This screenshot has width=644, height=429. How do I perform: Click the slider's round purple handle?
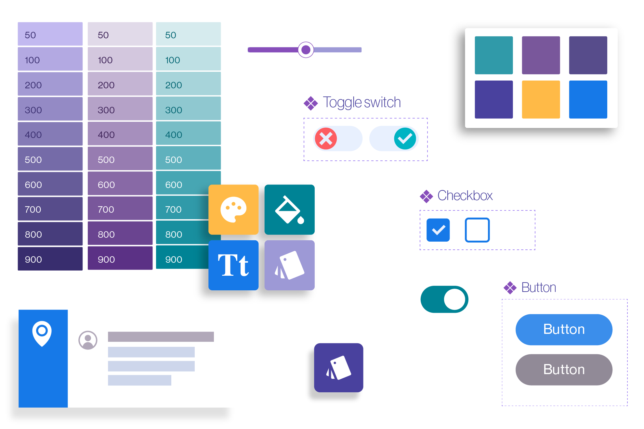(x=306, y=50)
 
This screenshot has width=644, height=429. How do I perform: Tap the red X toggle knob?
(x=326, y=139)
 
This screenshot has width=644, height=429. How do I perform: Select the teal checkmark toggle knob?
(x=405, y=139)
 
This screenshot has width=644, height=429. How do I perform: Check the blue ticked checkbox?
(x=438, y=230)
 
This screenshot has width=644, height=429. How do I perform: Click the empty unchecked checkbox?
(x=477, y=230)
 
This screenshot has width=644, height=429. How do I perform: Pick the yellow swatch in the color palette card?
(x=541, y=99)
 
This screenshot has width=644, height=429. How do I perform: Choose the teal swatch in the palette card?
(x=494, y=55)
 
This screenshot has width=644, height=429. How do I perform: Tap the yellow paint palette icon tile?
(x=233, y=209)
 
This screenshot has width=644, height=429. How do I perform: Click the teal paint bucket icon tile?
(x=290, y=209)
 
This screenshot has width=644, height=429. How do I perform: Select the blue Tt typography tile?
(x=233, y=265)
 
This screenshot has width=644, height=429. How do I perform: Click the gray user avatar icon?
(x=88, y=340)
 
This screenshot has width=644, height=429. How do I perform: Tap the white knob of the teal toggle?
(x=454, y=299)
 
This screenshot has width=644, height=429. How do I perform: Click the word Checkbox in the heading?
(x=465, y=196)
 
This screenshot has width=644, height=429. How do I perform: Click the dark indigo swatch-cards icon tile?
(x=338, y=368)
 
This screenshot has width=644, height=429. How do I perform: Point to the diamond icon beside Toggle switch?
(x=311, y=103)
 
